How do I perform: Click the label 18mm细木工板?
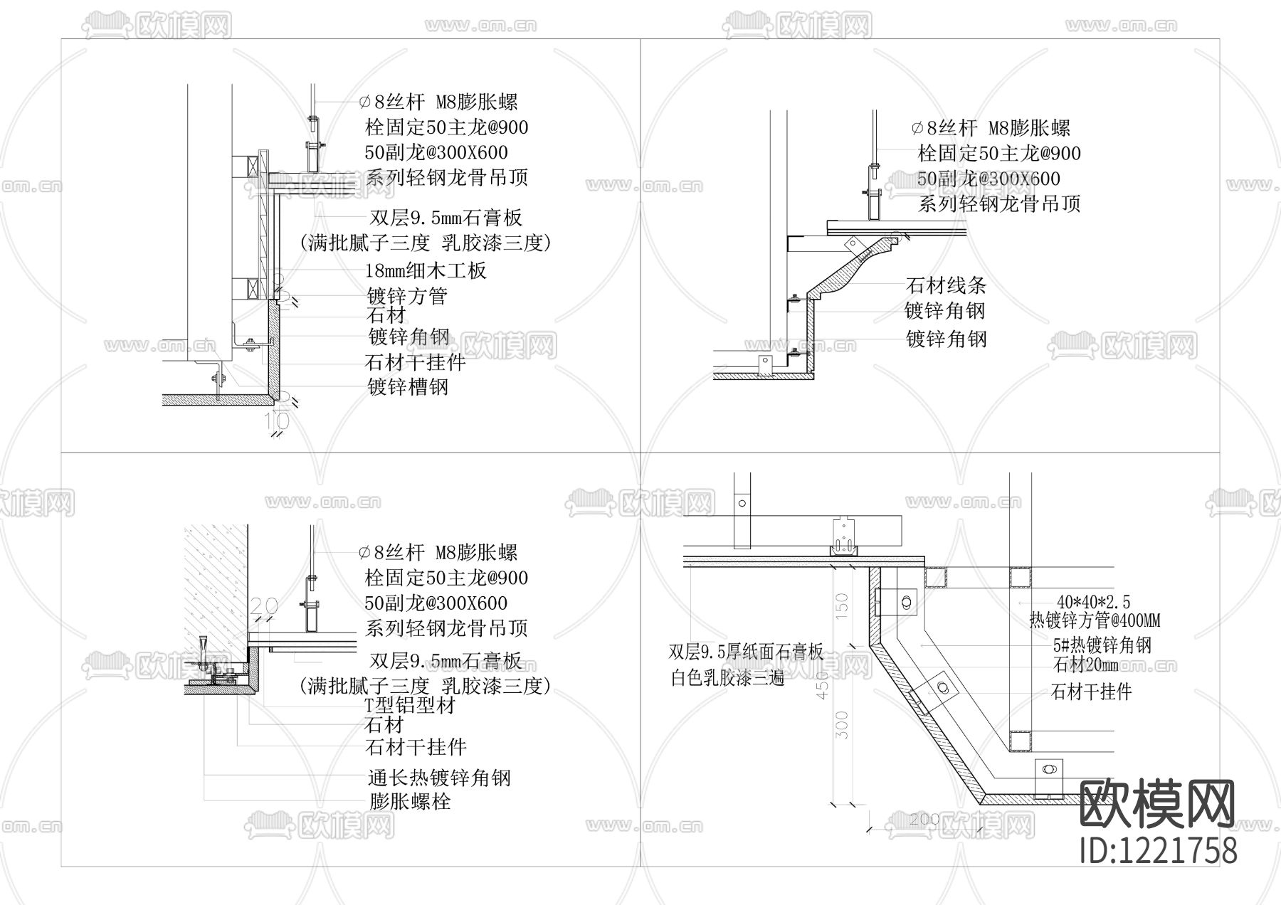(426, 270)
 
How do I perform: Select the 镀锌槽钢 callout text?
(408, 387)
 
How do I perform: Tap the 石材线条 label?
(946, 286)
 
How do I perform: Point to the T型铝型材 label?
(409, 706)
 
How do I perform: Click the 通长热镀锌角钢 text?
(439, 778)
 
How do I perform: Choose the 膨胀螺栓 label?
(410, 802)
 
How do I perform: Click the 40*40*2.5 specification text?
(1093, 603)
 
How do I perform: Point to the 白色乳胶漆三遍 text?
(727, 678)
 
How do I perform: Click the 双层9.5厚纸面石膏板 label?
(745, 652)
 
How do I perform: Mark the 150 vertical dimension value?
(842, 603)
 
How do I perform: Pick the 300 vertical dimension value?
(842, 725)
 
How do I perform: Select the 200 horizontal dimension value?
(924, 820)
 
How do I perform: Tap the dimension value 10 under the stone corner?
(277, 422)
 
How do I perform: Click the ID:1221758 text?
(1158, 850)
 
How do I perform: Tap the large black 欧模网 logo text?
(1158, 803)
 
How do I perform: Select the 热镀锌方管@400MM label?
(1094, 621)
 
